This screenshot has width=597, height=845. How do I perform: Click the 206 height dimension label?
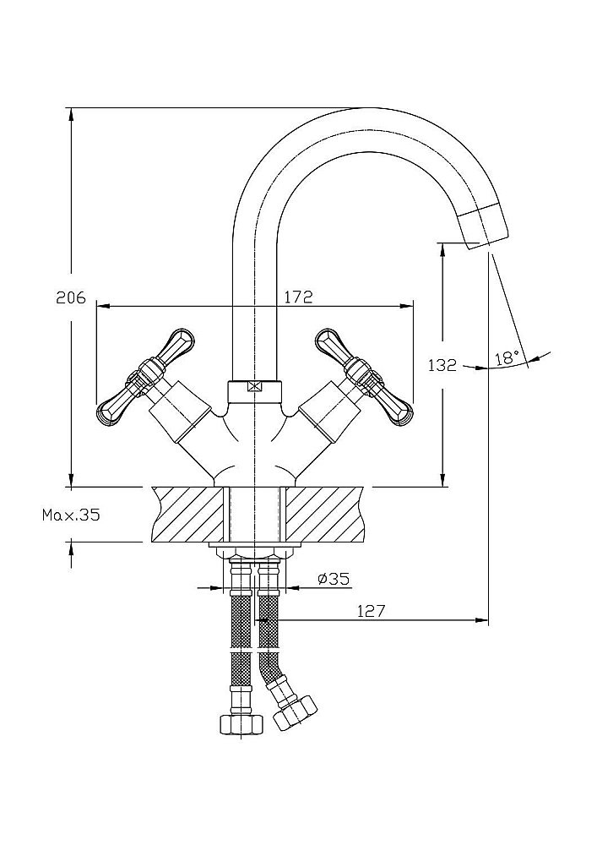(x=71, y=297)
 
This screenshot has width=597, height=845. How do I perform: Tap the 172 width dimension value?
(x=298, y=297)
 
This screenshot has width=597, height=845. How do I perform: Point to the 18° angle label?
(x=507, y=357)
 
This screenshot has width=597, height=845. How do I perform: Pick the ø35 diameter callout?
(x=333, y=579)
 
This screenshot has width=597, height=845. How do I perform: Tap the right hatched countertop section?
(x=324, y=514)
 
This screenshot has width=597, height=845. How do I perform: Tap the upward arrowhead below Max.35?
(x=71, y=549)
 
